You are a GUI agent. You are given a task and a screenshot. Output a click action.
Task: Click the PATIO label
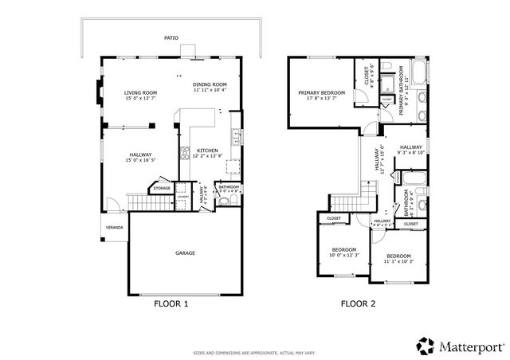(171, 37)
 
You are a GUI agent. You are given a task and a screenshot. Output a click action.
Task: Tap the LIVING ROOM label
(140, 93)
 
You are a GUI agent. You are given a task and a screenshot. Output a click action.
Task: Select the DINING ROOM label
(210, 84)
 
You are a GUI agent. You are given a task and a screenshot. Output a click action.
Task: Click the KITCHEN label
(207, 150)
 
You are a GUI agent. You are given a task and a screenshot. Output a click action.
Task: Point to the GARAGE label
(185, 253)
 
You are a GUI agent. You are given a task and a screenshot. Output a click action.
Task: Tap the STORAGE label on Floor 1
(163, 189)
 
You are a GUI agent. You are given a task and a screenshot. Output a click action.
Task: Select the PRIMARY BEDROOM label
(321, 92)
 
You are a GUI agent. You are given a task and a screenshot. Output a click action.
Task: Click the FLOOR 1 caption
(170, 303)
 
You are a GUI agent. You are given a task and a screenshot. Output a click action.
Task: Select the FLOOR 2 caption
(358, 303)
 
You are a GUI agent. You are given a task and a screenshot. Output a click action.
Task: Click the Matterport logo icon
(425, 346)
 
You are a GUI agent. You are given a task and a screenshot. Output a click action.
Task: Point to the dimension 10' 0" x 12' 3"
(345, 254)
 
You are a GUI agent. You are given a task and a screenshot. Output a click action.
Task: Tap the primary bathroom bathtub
(418, 72)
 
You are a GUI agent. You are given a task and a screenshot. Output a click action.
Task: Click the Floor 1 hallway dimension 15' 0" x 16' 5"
(139, 160)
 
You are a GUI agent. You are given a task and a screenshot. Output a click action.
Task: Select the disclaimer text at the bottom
(254, 351)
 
